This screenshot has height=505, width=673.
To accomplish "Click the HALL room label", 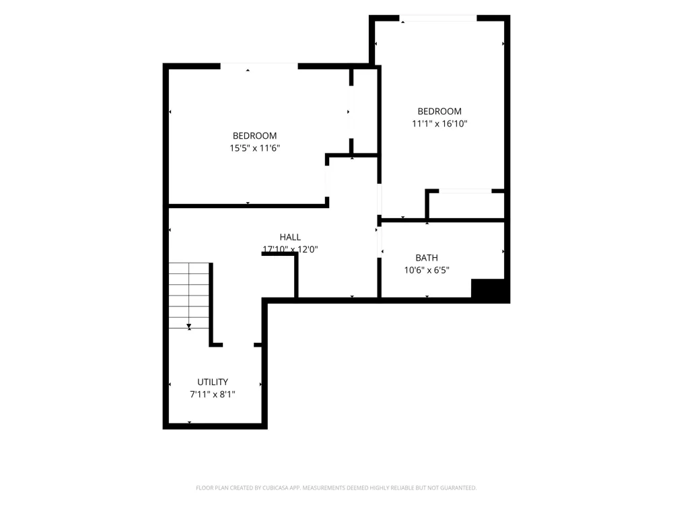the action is click(290, 237).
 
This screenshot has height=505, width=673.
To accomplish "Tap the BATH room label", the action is click(427, 258).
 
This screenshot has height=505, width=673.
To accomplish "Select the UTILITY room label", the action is click(213, 382).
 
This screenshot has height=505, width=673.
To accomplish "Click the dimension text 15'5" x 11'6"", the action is click(255, 148).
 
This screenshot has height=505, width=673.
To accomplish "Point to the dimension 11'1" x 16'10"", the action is click(439, 124).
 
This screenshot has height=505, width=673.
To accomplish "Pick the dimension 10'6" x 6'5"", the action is click(427, 270).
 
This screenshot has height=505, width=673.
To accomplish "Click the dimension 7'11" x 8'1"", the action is click(213, 394).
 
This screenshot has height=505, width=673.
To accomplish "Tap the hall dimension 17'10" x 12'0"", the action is click(290, 249).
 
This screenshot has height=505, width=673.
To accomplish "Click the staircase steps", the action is click(189, 296).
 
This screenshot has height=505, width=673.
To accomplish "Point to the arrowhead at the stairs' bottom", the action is click(189, 327).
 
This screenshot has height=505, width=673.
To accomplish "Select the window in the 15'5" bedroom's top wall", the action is click(259, 66).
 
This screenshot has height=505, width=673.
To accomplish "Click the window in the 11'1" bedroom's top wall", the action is click(438, 18).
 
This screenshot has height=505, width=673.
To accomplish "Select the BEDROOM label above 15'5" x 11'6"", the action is click(255, 136).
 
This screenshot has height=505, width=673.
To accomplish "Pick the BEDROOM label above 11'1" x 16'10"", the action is click(439, 111).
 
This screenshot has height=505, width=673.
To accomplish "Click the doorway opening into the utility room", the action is click(238, 345).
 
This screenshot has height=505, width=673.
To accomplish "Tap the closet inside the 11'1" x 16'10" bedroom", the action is click(466, 205).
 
